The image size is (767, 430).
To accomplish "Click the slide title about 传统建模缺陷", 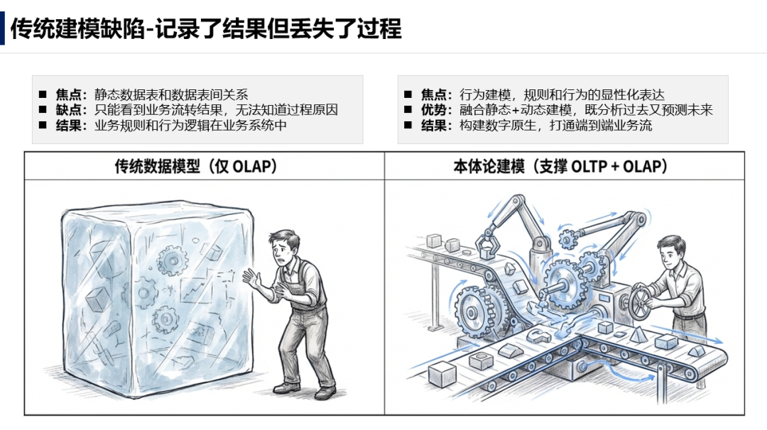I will [206, 28].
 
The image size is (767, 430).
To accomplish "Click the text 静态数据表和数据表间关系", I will [171, 94].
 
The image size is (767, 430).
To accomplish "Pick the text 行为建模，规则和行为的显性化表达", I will [562, 94].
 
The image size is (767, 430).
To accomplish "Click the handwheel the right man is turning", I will [642, 301].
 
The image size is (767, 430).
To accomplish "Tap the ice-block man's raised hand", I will [251, 279].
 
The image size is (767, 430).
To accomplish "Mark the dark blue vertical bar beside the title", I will [3, 28].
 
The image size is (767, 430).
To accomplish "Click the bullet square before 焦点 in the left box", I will [43, 94].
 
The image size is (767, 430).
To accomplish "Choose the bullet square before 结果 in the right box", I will [408, 126].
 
